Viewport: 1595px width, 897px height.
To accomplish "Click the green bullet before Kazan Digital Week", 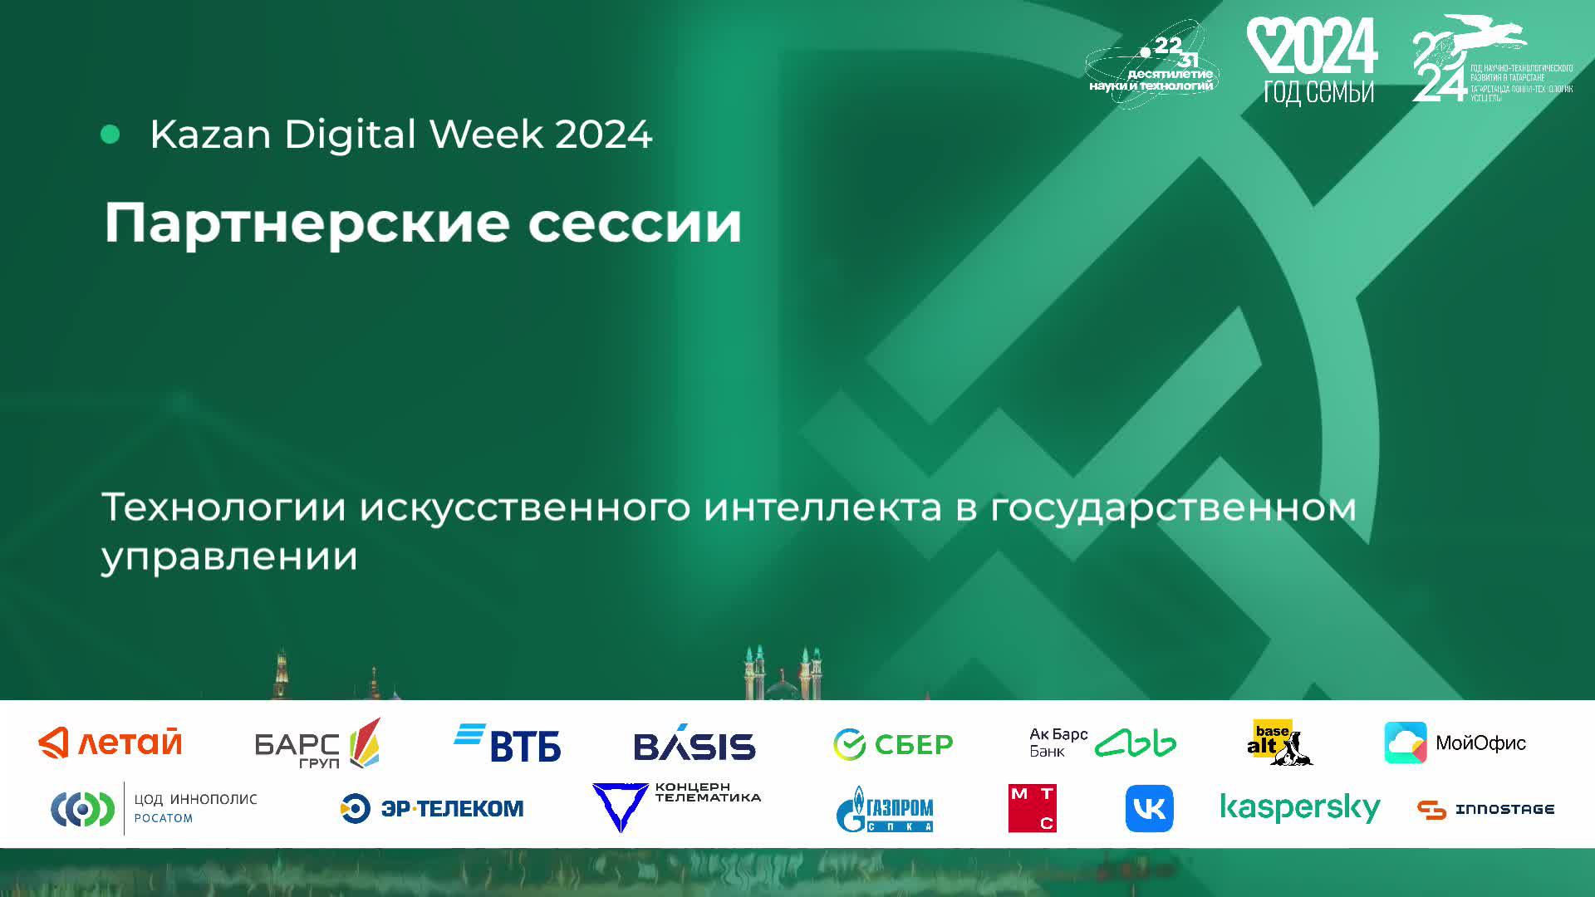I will pyautogui.click(x=110, y=135).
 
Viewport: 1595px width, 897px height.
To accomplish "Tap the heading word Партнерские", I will pyautogui.click(x=303, y=224).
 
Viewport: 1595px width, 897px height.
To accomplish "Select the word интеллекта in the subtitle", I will pyautogui.click(x=822, y=507).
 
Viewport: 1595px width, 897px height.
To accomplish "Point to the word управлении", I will pyautogui.click(x=229, y=556).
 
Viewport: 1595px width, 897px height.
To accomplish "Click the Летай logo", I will pyautogui.click(x=110, y=743).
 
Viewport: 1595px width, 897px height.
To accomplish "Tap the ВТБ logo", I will pyautogui.click(x=508, y=743).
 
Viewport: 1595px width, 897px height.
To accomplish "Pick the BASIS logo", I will pyautogui.click(x=694, y=744).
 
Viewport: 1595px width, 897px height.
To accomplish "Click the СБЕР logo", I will pyautogui.click(x=893, y=744).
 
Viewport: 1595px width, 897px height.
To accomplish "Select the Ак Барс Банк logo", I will pyautogui.click(x=1102, y=743).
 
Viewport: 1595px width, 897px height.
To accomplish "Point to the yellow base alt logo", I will pyautogui.click(x=1278, y=742).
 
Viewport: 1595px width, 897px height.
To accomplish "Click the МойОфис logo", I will pyautogui.click(x=1455, y=743).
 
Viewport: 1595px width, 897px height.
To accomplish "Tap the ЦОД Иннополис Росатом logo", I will pyautogui.click(x=155, y=808).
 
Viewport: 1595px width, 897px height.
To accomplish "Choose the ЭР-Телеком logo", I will pyautogui.click(x=432, y=808).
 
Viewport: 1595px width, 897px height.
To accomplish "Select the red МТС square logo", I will pyautogui.click(x=1032, y=808).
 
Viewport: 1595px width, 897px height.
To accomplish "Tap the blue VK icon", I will pyautogui.click(x=1149, y=808).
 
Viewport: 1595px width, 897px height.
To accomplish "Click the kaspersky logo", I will pyautogui.click(x=1299, y=808).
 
